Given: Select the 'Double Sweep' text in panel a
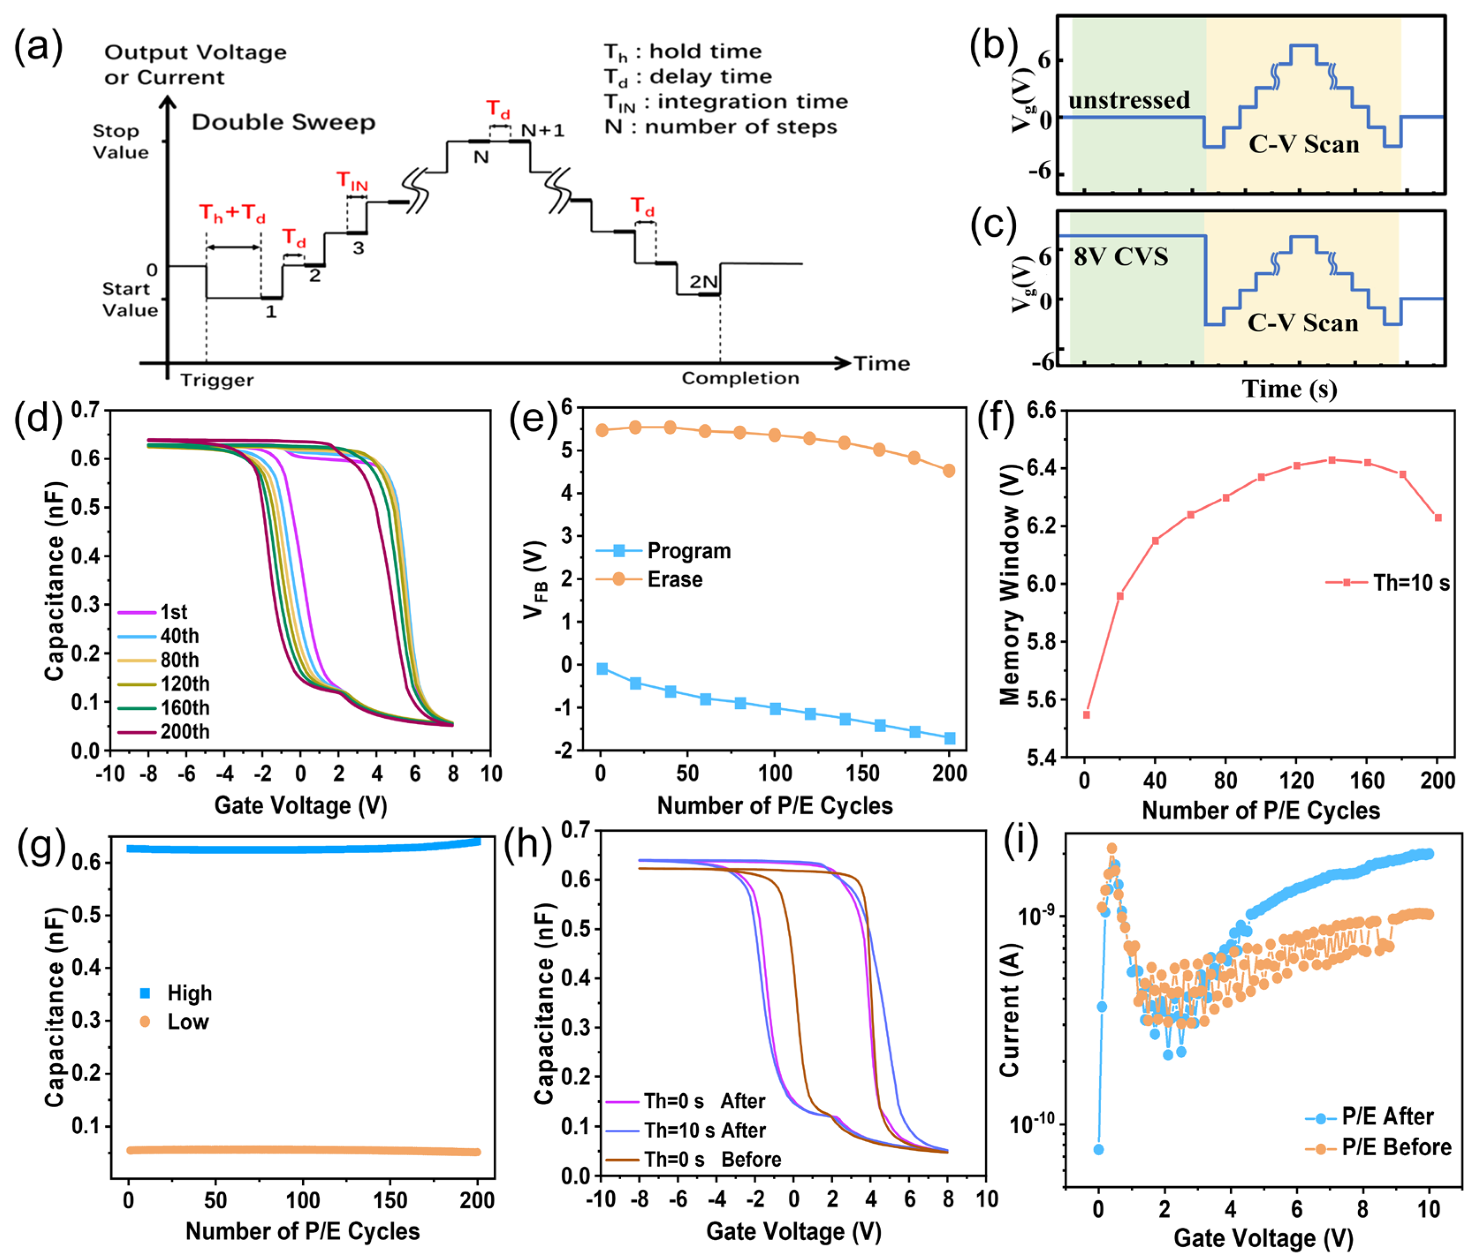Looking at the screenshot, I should tap(283, 122).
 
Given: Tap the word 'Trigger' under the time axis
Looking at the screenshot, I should tap(216, 380).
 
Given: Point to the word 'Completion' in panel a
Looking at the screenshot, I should tap(740, 378).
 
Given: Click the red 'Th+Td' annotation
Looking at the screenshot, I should tap(232, 213).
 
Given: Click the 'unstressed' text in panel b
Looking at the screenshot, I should tap(1129, 100).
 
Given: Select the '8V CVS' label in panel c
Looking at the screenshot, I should tap(1121, 257).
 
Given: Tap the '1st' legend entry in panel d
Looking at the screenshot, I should tap(173, 612).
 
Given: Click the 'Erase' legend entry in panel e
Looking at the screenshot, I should tap(674, 579).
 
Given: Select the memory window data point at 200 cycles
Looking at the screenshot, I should tap(1438, 518).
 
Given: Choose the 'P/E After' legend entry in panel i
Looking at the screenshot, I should tap(1387, 1116).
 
